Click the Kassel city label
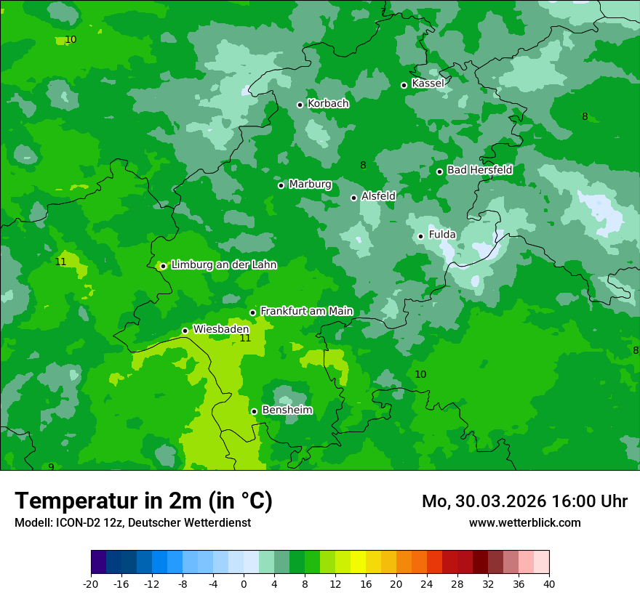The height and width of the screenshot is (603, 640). [x=428, y=84]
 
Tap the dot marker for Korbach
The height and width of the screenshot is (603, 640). [x=300, y=105]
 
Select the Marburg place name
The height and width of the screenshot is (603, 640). [x=310, y=185]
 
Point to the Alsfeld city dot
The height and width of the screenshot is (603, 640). [x=353, y=198]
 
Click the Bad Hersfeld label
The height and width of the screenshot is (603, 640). [x=479, y=170]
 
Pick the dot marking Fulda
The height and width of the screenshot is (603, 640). [x=420, y=236]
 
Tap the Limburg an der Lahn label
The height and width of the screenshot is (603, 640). [x=224, y=265]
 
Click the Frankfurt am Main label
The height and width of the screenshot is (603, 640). [x=306, y=311]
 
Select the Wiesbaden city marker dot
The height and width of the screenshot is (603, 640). [x=185, y=331]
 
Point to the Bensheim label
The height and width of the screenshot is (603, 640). [x=287, y=410]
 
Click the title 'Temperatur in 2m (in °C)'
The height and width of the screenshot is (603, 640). [x=143, y=501]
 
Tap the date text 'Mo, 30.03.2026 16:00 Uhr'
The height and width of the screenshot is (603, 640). [x=524, y=501]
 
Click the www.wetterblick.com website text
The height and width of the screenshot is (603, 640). [x=524, y=522]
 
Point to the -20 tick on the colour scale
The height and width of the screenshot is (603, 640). [x=91, y=583]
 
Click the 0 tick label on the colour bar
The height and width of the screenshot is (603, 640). [x=244, y=583]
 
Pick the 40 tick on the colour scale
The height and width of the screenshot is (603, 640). [x=549, y=583]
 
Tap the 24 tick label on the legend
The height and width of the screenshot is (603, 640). [x=427, y=583]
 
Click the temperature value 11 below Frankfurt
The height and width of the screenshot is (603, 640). [x=245, y=338]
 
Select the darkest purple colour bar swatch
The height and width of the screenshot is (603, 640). [x=98, y=562]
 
